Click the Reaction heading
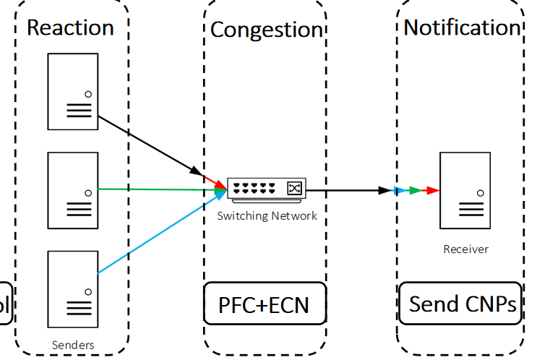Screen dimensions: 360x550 tap(70, 27)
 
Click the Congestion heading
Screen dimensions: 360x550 tap(266, 30)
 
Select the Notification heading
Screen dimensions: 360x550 tap(462, 27)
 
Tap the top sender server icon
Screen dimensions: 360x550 tap(72, 91)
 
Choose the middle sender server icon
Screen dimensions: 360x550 tap(72, 190)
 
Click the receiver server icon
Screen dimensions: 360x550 tap(465, 190)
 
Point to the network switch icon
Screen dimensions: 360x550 tap(266, 188)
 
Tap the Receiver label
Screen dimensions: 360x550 tap(465, 249)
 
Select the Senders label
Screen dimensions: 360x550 tap(72, 345)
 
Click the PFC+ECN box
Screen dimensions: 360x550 tap(264, 304)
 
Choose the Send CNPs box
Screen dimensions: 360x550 tap(461, 304)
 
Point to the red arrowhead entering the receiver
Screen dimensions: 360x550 tap(432, 191)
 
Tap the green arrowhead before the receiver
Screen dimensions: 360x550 tap(414, 191)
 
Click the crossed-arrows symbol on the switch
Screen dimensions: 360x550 tap(294, 188)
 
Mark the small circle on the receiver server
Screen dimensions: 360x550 tap(480, 193)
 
